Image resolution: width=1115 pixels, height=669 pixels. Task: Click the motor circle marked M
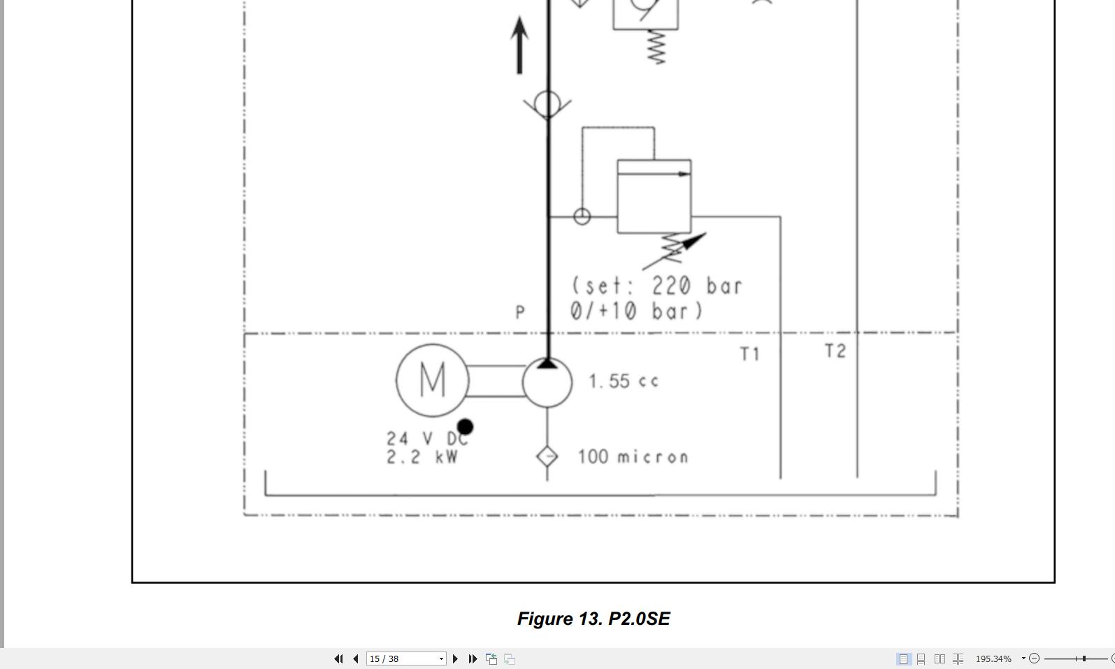coord(432,381)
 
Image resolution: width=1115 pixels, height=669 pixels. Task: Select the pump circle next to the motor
coord(547,383)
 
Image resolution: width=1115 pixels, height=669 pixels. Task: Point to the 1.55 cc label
coord(623,381)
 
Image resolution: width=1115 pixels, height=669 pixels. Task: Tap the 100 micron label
coord(633,457)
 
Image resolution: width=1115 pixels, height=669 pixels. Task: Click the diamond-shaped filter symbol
coord(547,456)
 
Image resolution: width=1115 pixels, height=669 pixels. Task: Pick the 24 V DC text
coord(426,439)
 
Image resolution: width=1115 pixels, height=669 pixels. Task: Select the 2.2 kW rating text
coord(422,457)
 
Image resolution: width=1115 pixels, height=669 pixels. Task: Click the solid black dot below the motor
coord(465,426)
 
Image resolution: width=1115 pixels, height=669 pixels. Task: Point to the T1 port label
coord(749,354)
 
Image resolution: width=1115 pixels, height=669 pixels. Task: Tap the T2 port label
coord(835,351)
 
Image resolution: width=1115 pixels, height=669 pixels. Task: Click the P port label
coord(519,312)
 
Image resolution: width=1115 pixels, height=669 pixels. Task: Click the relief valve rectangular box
coord(654,197)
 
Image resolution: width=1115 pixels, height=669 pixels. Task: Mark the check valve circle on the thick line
coord(547,104)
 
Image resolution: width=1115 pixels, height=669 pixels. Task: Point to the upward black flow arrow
coord(519,45)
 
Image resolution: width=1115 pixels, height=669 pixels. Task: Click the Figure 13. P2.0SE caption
coord(594,619)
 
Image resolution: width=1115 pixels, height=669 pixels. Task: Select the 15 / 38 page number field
coord(402,659)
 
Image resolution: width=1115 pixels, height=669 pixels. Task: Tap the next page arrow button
coord(455,659)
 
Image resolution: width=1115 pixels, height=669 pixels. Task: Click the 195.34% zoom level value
coord(993,659)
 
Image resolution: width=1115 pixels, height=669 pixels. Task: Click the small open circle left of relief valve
coord(582,217)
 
